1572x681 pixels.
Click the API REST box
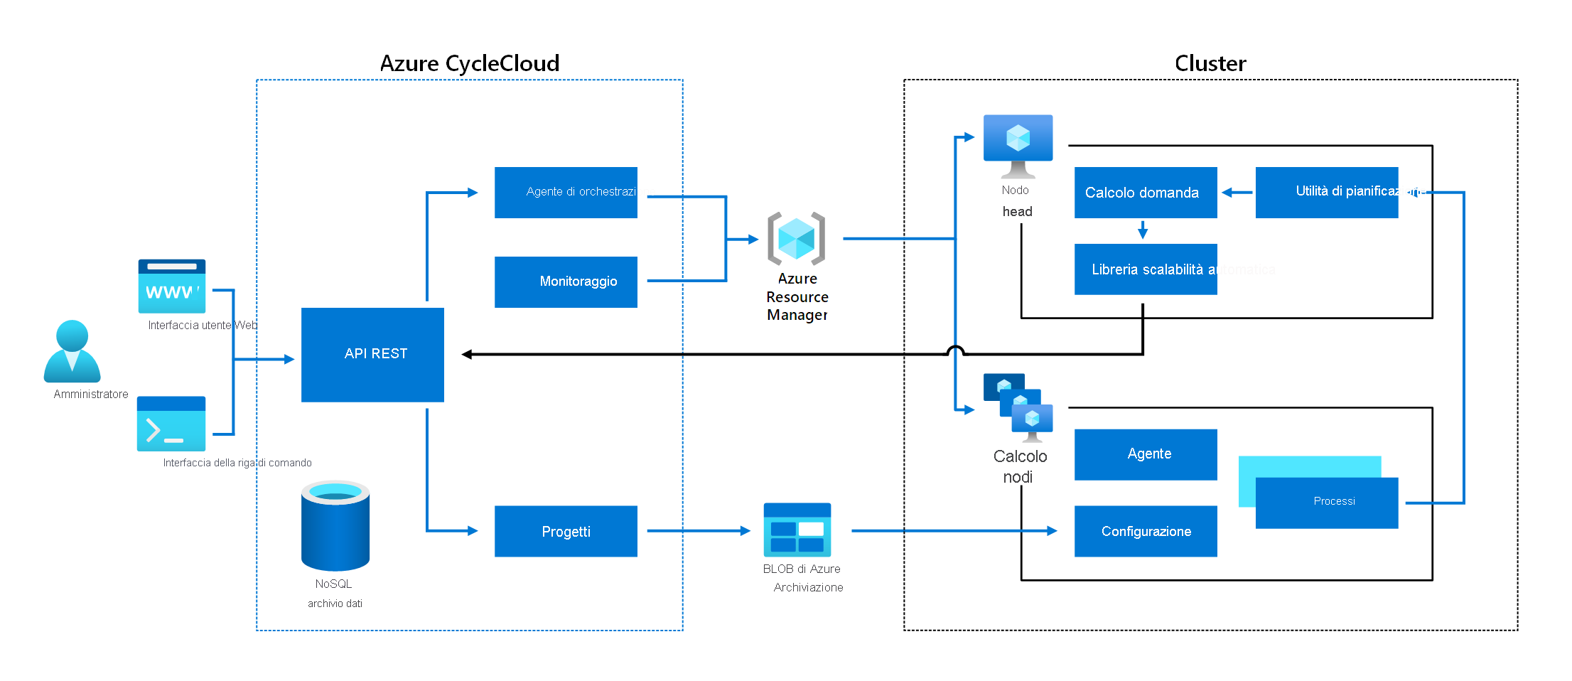point(372,354)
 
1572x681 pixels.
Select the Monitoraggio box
point(566,281)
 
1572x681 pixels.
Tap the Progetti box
point(566,531)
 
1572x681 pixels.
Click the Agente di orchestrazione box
point(566,192)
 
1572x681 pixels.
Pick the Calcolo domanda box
point(1146,192)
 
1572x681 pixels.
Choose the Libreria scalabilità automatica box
point(1146,269)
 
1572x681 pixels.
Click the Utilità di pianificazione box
point(1326,192)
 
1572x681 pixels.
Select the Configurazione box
point(1146,531)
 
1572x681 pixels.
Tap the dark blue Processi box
point(1326,503)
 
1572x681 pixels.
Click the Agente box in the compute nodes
point(1146,454)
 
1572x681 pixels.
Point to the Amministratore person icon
point(72,351)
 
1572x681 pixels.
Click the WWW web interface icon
point(171,286)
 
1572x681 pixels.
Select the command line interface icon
point(171,424)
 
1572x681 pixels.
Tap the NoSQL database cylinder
point(335,525)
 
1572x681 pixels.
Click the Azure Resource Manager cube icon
point(796,238)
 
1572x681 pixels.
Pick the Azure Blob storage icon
point(797,530)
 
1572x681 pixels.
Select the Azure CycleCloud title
point(470,63)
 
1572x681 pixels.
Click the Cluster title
point(1210,63)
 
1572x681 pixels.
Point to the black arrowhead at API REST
point(467,354)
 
